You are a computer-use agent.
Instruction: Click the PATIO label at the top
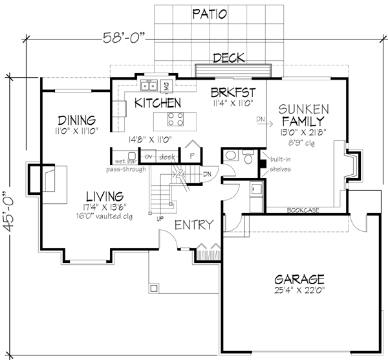(x=210, y=14)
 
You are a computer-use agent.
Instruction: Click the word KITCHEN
(x=156, y=102)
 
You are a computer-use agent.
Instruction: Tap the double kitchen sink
(x=150, y=84)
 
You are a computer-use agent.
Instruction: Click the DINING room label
(x=76, y=120)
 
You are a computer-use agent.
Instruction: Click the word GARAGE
(x=297, y=279)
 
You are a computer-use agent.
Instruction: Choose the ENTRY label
(x=193, y=225)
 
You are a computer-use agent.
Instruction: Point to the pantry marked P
(x=192, y=155)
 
